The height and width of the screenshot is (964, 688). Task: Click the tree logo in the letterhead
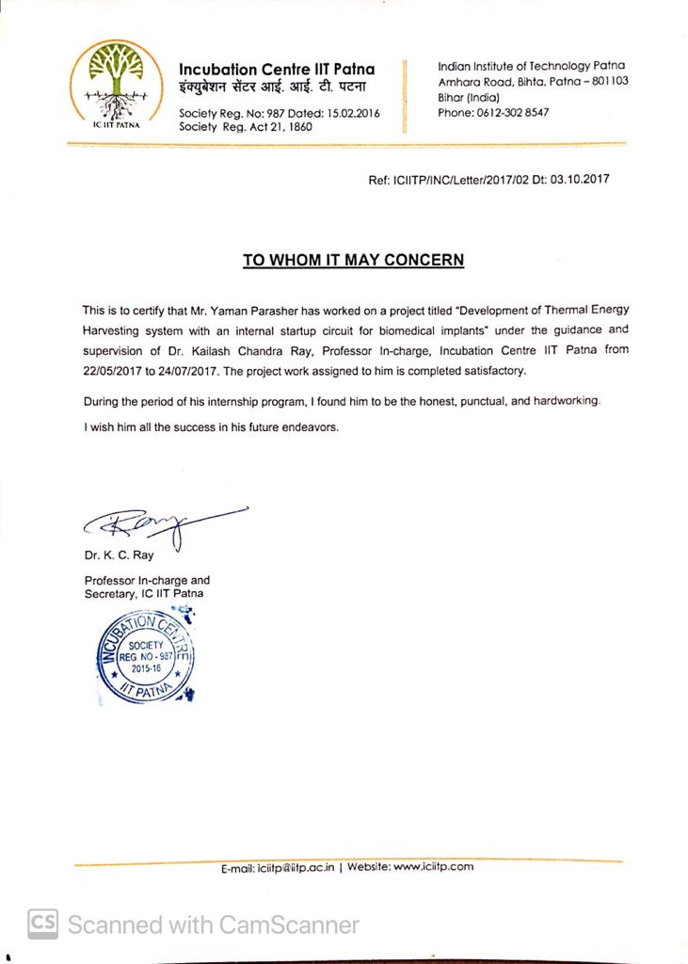(x=113, y=81)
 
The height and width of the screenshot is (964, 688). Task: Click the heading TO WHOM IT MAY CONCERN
(x=353, y=260)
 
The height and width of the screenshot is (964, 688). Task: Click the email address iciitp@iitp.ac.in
(x=296, y=867)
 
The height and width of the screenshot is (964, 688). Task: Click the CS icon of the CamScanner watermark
(x=42, y=924)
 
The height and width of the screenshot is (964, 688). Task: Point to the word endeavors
(x=304, y=426)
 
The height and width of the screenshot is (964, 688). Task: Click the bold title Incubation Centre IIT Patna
(x=277, y=69)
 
